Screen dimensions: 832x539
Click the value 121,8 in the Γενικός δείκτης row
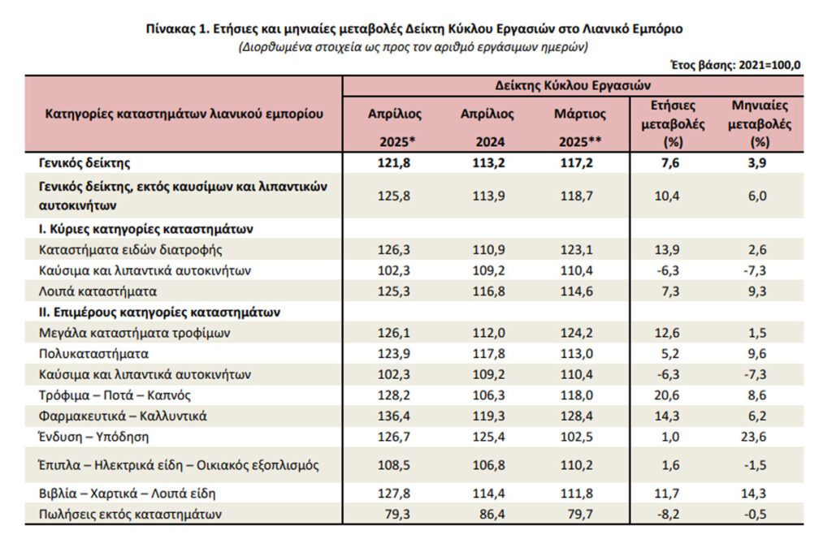[394, 162]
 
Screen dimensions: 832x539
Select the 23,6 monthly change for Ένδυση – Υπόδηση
[757, 437]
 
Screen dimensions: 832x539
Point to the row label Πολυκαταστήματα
[93, 353]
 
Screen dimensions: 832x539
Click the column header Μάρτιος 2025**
[580, 127]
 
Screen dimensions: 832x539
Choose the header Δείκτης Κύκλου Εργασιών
[573, 85]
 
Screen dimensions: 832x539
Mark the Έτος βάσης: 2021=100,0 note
[735, 65]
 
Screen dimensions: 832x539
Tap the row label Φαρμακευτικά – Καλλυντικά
[123, 416]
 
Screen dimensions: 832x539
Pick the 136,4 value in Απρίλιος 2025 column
[394, 416]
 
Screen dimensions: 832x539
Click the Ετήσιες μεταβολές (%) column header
[673, 123]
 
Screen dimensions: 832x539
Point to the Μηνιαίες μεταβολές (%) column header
[760, 123]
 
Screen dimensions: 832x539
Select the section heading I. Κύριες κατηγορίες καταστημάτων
[146, 229]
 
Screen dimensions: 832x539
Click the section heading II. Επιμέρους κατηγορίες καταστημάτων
[159, 313]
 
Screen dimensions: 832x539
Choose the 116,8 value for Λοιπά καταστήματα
[488, 291]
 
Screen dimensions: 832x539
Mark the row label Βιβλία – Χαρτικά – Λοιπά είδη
[128, 494]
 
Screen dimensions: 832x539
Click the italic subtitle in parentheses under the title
[414, 47]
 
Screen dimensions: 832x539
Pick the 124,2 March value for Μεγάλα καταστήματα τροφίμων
[577, 333]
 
